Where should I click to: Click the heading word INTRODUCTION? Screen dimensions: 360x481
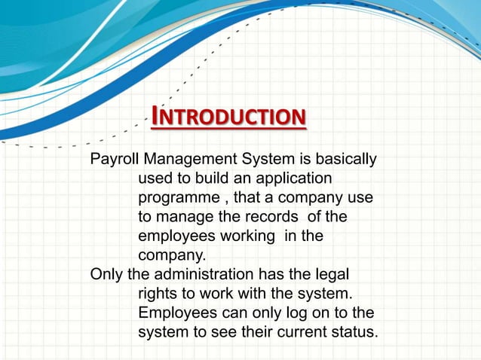228,117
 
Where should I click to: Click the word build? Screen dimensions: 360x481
211,179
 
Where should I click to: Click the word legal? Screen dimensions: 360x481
335,273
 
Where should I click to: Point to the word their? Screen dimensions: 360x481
241,330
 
